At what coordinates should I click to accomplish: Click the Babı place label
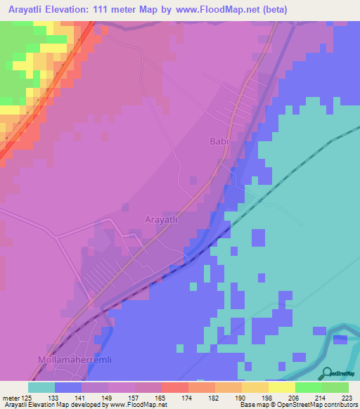[219, 141]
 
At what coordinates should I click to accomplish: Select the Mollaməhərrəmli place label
[70, 359]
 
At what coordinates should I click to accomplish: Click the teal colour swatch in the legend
[41, 387]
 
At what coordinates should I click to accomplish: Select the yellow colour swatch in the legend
[282, 387]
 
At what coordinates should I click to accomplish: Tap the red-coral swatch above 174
[175, 387]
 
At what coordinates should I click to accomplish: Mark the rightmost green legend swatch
[335, 387]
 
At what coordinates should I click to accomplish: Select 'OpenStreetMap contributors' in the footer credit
[318, 405]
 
